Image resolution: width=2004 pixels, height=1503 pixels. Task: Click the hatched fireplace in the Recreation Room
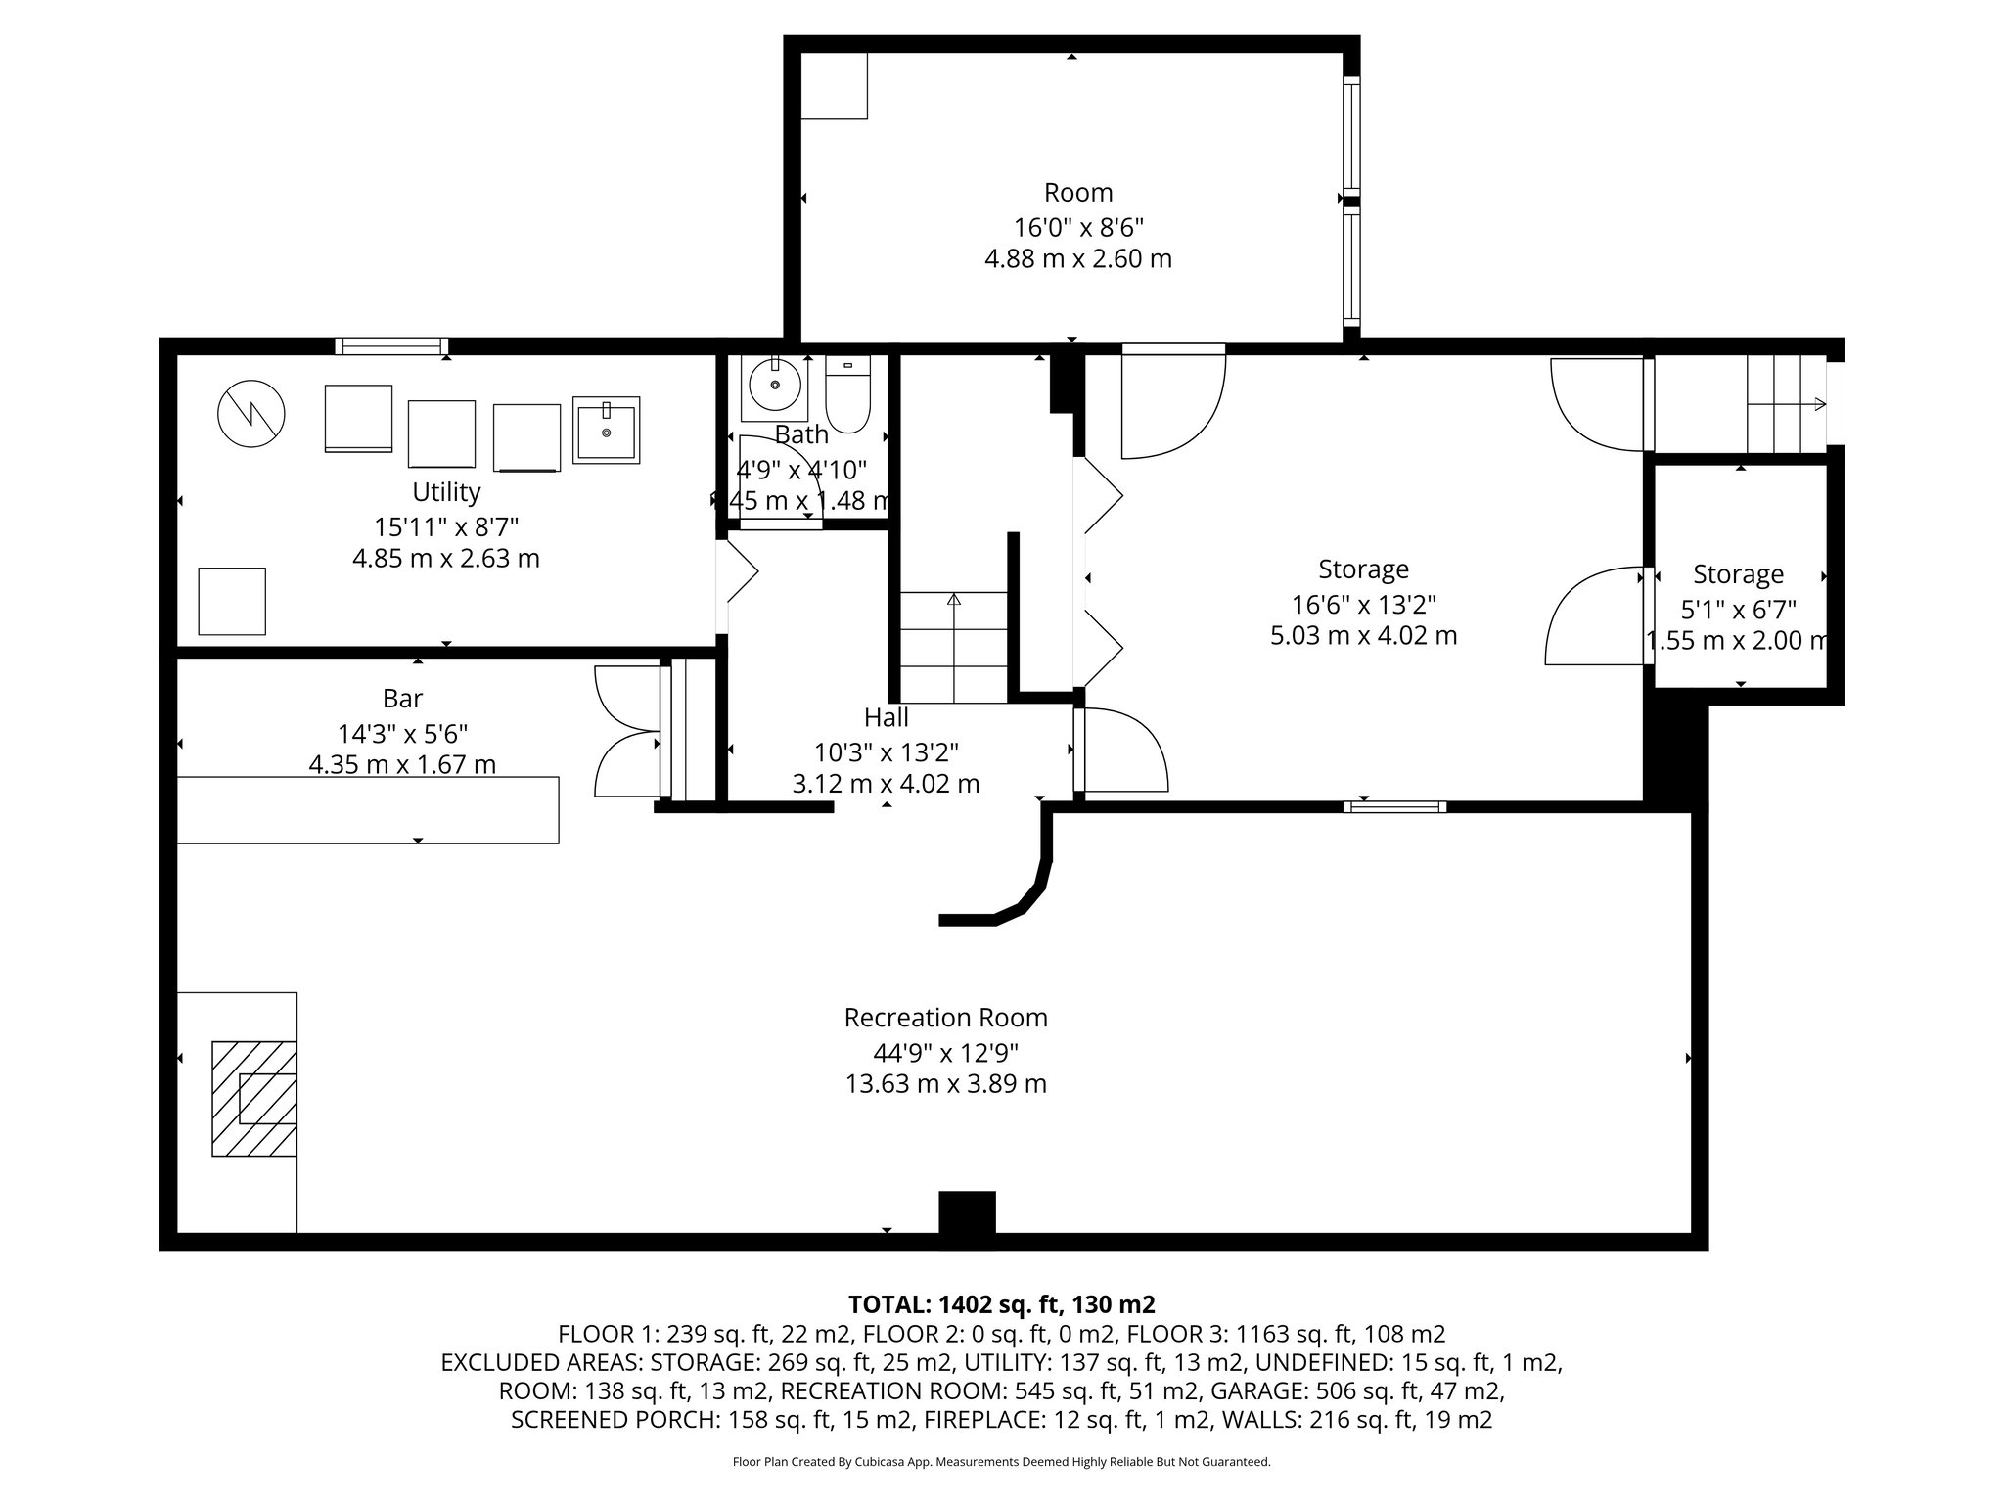255,1099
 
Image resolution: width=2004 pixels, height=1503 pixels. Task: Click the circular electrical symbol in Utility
250,414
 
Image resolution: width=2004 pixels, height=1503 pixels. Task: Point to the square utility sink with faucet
606,430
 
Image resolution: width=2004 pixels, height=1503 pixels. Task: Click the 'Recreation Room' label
945,1018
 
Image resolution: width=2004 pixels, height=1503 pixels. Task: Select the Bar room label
402,699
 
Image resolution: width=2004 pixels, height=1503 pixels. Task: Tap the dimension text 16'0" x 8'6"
1078,228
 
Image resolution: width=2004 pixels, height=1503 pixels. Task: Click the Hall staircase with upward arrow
953,647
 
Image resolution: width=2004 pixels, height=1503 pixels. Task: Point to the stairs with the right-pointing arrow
1787,404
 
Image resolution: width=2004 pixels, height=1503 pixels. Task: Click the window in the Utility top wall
391,345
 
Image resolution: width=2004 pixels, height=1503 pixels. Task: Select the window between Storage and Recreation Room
1394,807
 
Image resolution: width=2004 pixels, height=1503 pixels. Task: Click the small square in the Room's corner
834,86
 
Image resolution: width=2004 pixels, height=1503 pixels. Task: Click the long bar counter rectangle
367,809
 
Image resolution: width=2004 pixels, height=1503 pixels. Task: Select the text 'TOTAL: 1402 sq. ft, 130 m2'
1001,1304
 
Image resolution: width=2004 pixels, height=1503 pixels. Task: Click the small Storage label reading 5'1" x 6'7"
1738,610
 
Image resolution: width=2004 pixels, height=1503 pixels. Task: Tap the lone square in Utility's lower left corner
232,601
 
